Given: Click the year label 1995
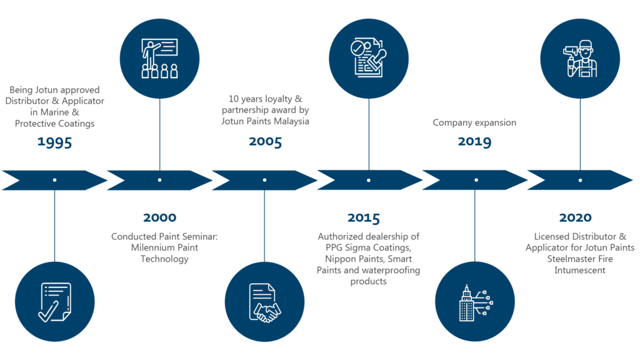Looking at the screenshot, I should tap(54, 142).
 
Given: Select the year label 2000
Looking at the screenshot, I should tap(159, 218).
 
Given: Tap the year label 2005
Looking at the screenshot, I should tap(265, 142).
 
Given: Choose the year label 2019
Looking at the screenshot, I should tap(474, 142).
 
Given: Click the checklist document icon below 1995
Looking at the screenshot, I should tap(54, 302).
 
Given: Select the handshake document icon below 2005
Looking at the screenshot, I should tap(265, 302).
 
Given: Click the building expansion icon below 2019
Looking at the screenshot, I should tap(474, 302).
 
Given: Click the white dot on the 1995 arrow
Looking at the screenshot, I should tap(54, 180).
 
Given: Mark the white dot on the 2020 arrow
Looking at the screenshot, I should tap(580, 180).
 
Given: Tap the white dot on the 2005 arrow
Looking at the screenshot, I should tap(265, 180).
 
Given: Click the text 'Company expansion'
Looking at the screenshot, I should tap(474, 123).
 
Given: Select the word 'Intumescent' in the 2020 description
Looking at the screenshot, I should tap(580, 271).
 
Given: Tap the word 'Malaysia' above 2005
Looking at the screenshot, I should tap(292, 122).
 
